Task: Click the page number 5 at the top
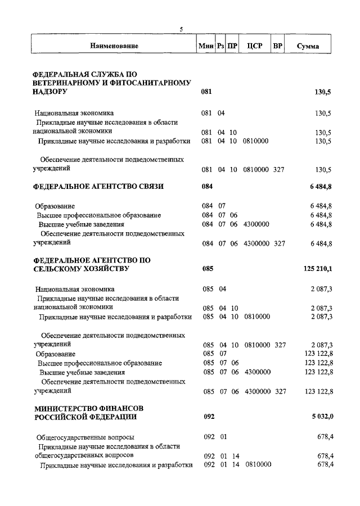(181, 29)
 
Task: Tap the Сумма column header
(308, 46)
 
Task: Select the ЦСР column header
(255, 46)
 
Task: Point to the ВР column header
(277, 46)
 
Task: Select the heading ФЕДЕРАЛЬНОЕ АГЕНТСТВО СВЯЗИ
(98, 186)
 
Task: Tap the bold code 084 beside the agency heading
(207, 186)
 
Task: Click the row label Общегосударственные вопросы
(85, 437)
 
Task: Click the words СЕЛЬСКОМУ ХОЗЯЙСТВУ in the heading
(82, 269)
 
